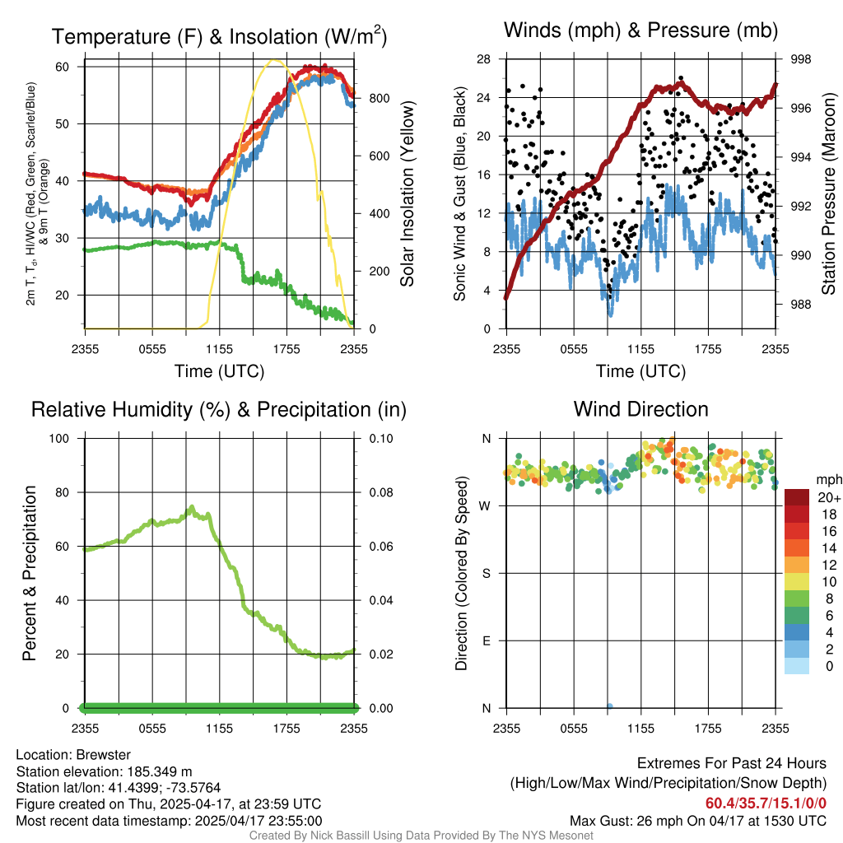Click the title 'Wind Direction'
coord(640,408)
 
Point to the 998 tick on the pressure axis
coord(800,59)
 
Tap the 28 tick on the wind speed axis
coord(484,59)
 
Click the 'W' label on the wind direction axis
coord(486,505)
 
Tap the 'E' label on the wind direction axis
coord(487,640)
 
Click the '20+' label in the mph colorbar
coord(828,498)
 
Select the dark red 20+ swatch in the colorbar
coord(797,497)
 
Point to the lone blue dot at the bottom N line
coord(609,706)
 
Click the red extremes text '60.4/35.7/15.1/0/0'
coord(766,803)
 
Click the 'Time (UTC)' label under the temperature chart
coord(219,371)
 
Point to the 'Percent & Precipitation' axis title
coord(29,573)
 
